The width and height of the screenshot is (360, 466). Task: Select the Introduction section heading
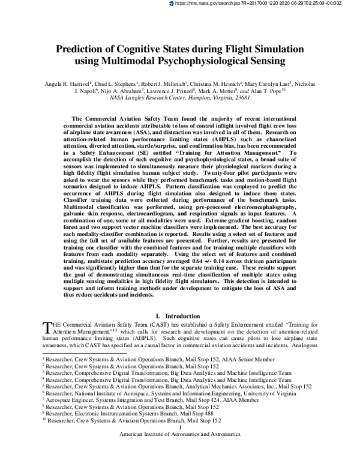coord(179,315)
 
